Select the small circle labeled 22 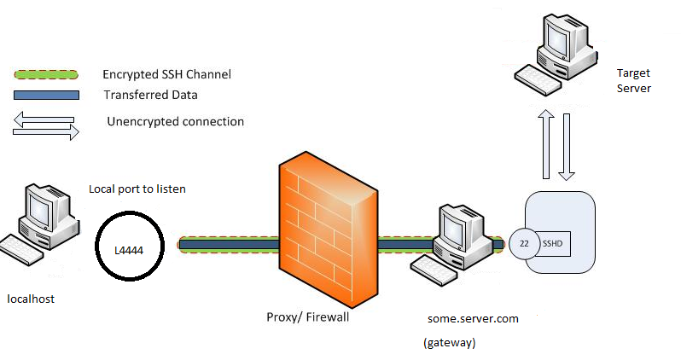pyautogui.click(x=524, y=243)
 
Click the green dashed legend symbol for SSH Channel pyautogui.click(x=45, y=74)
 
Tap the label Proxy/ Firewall pyautogui.click(x=307, y=317)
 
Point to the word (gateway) pyautogui.click(x=449, y=342)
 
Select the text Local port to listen pyautogui.click(x=137, y=188)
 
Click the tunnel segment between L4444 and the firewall pyautogui.click(x=227, y=245)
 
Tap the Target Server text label pyautogui.click(x=633, y=81)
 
